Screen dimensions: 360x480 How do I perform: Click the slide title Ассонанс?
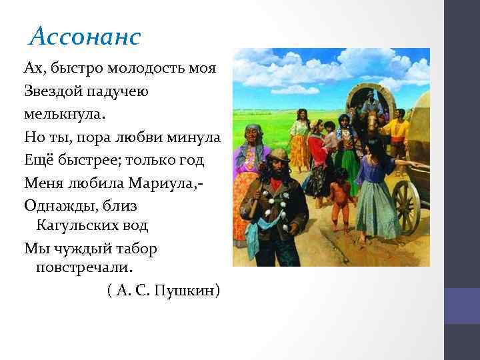point(85,37)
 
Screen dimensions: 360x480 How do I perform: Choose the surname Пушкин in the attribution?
point(186,291)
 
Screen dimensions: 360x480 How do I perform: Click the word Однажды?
point(57,204)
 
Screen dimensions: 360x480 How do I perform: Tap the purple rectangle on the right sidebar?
point(462,305)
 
